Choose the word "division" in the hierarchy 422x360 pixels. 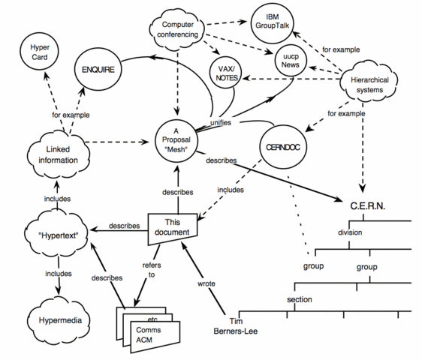[x=351, y=233]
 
